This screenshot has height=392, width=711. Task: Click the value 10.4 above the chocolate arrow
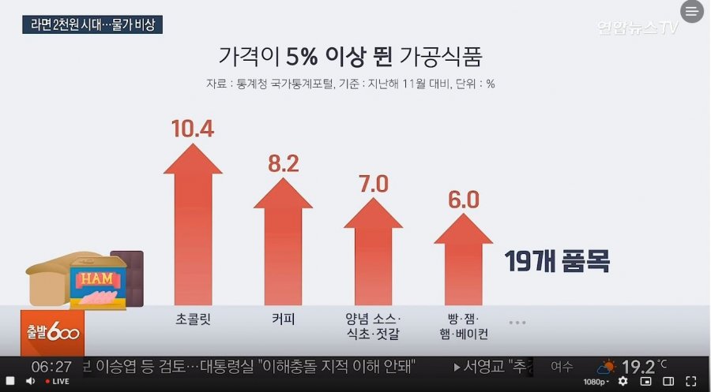pyautogui.click(x=193, y=128)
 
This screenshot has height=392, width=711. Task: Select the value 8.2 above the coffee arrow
pyautogui.click(x=283, y=163)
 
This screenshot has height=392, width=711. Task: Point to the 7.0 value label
pyautogui.click(x=374, y=185)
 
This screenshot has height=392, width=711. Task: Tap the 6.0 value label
pyautogui.click(x=463, y=200)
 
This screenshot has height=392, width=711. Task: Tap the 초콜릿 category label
pyautogui.click(x=193, y=320)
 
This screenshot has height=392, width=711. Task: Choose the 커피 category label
pyautogui.click(x=283, y=320)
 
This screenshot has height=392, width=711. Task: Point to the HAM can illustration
pyautogui.click(x=98, y=284)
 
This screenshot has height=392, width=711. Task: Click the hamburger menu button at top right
pyautogui.click(x=691, y=12)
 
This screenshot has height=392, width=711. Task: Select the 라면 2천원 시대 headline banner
pyautogui.click(x=92, y=24)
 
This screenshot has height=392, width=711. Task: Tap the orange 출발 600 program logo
pyautogui.click(x=51, y=332)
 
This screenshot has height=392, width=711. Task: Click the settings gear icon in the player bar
pyautogui.click(x=623, y=381)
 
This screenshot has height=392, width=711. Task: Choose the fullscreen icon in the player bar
pyautogui.click(x=691, y=381)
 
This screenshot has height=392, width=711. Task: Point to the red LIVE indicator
pyautogui.click(x=57, y=381)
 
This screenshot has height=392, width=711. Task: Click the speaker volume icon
pyautogui.click(x=31, y=381)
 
